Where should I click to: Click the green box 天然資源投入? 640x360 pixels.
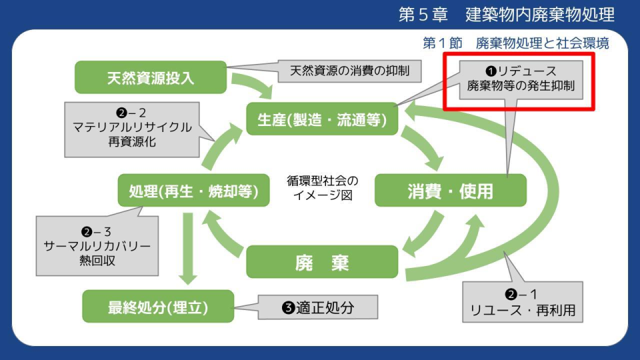tap(151, 77)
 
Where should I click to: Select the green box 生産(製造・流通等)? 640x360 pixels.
tap(322, 119)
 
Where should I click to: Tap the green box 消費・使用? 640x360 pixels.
tap(451, 191)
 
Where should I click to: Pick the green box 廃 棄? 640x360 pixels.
tap(323, 262)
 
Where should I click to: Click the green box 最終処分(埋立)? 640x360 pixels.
tap(158, 307)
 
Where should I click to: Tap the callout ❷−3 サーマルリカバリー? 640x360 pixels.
tap(97, 245)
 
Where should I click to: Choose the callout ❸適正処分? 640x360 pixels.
tap(318, 307)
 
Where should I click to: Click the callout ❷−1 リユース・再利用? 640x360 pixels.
tap(522, 302)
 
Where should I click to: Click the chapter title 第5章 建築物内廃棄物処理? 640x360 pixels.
tap(506, 15)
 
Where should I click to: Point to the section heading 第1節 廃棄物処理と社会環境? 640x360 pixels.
tap(515, 43)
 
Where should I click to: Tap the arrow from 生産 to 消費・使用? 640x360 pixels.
tap(424, 147)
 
